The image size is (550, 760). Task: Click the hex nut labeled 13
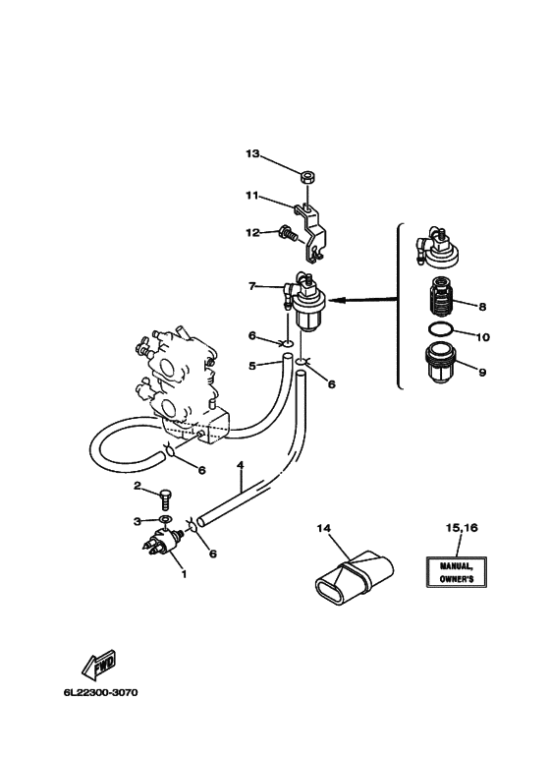305,177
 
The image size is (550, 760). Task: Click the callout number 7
251,286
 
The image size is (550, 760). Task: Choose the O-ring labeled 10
441,329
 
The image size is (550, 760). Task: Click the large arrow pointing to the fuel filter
364,301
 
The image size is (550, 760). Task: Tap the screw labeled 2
166,498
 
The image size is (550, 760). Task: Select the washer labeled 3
166,520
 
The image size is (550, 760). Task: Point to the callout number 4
241,465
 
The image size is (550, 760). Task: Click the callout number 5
252,366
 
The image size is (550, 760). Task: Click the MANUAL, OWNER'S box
456,572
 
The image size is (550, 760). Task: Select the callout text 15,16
462,527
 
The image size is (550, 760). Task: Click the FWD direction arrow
99,664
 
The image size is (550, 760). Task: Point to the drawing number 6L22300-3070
100,692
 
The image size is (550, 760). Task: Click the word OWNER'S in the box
457,579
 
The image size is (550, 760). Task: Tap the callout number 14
323,528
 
